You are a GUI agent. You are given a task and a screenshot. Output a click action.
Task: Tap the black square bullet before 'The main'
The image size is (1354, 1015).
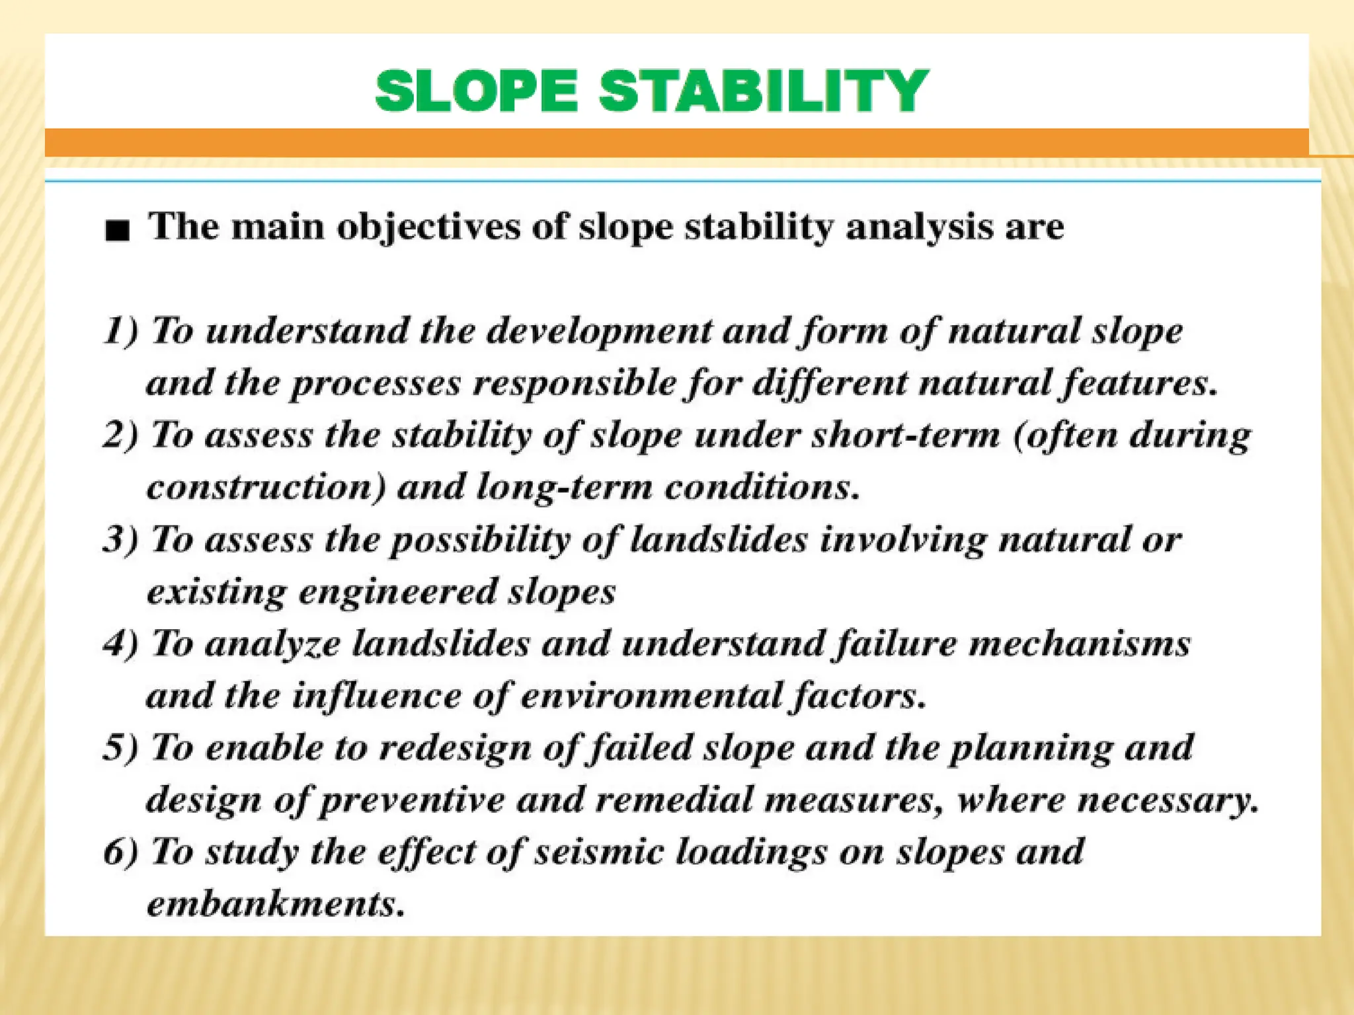point(117,231)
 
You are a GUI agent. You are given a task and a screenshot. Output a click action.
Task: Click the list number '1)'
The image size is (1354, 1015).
point(122,330)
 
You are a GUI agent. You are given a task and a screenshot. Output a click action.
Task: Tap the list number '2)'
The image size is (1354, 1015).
point(122,435)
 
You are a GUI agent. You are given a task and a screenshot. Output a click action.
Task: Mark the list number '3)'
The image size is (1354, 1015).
point(122,540)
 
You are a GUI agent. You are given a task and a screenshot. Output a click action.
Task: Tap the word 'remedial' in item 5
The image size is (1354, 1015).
point(674,800)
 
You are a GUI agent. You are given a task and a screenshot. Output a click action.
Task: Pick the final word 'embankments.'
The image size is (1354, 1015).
point(275,904)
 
